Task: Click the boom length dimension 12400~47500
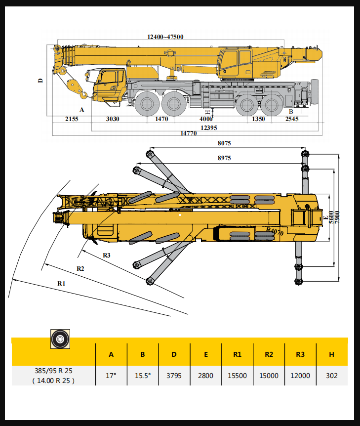pos(165,37)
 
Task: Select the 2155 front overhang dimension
pos(72,119)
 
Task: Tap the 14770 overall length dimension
pos(189,133)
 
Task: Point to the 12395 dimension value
pos(209,128)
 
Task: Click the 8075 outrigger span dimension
pos(224,143)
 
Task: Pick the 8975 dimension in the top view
pos(224,158)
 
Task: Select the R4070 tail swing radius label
pos(275,231)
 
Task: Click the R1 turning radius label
pos(61,283)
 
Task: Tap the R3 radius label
pos(107,255)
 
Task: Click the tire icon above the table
pos(60,339)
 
